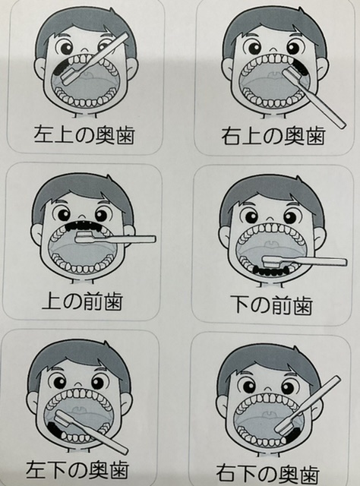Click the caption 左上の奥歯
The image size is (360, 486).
pos(84,135)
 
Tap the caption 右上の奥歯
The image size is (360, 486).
pos(273,136)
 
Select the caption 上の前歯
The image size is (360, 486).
pos(83,301)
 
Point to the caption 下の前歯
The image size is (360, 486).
pos(272,305)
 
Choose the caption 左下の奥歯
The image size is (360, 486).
pos(77,469)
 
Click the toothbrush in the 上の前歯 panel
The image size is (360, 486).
pos(115,239)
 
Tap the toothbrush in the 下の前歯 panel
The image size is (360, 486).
pos(305,261)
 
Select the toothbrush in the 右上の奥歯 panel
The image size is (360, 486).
pos(314,98)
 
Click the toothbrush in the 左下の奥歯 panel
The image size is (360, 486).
pos(91,431)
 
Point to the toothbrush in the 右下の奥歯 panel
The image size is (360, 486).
pos(308,406)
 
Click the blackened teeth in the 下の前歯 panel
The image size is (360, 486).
pos(271,271)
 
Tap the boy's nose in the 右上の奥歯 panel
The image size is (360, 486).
pos(273,49)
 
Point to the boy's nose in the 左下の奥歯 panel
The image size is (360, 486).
pos(79,380)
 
